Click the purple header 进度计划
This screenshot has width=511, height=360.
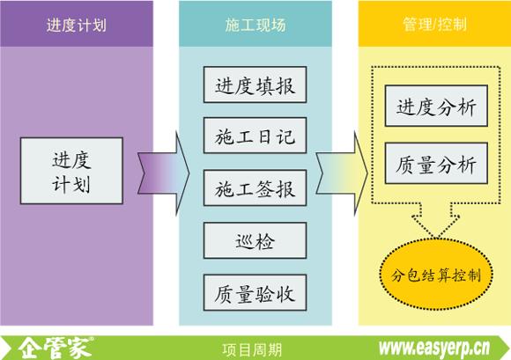tap(77, 24)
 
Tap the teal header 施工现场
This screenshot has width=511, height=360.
tap(255, 24)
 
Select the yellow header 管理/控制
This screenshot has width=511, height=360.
tap(434, 24)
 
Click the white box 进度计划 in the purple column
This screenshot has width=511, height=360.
tap(71, 171)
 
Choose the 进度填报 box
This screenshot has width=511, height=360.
tap(255, 84)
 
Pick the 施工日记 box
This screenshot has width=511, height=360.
tap(255, 136)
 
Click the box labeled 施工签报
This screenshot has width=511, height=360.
tap(255, 187)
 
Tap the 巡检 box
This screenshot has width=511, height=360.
tap(255, 240)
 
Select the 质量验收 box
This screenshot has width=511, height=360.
tap(255, 292)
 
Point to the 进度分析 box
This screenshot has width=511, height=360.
tap(436, 106)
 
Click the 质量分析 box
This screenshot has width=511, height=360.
tap(436, 163)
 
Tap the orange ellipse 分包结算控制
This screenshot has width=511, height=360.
tap(436, 274)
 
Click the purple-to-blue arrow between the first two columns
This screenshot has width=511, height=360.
tap(163, 173)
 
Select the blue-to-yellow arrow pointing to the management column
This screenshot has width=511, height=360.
tap(342, 173)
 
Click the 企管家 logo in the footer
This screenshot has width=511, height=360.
tap(56, 349)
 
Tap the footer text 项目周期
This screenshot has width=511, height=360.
tap(252, 350)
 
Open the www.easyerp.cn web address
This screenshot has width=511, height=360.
tap(434, 349)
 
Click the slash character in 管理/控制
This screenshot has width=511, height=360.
tap(434, 24)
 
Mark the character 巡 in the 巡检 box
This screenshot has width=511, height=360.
tap(245, 241)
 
